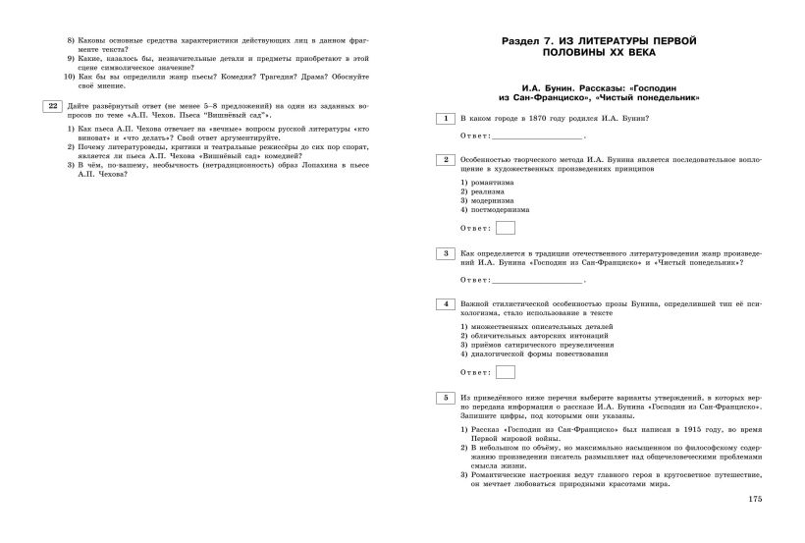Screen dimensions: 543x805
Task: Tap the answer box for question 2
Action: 506,229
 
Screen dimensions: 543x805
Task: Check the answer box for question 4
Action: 506,372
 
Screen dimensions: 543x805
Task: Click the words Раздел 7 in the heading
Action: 526,40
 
